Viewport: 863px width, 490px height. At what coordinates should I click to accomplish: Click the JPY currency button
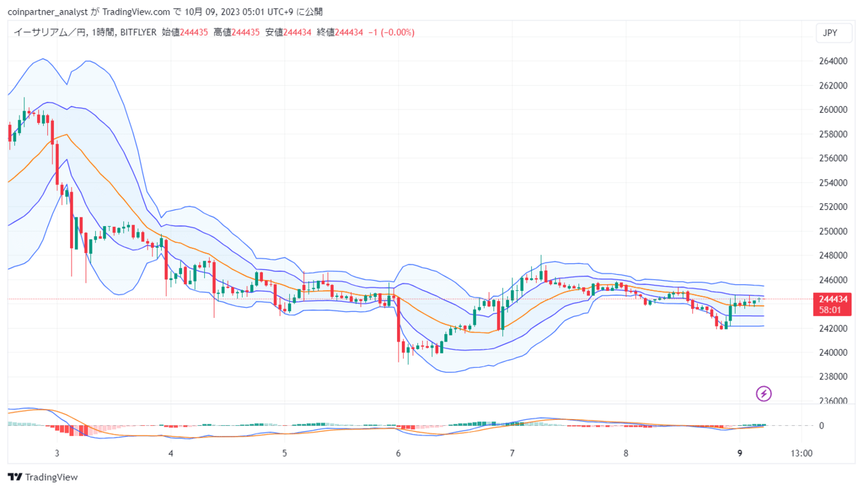tap(834, 33)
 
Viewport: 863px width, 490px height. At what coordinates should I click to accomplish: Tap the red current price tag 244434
tap(832, 304)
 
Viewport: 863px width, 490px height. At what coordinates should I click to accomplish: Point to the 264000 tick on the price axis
tap(833, 61)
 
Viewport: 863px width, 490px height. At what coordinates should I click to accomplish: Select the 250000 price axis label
tap(833, 231)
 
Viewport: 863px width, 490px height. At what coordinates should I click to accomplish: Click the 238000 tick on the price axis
tap(833, 377)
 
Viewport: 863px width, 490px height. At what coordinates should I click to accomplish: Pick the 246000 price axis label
tap(833, 279)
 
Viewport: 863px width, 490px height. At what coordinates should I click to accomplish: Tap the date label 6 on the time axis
tap(398, 454)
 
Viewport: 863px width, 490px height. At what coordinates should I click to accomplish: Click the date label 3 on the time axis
tap(57, 454)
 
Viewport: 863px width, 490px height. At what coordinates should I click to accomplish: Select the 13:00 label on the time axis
tap(802, 454)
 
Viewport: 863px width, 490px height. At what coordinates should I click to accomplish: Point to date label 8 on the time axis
tap(626, 454)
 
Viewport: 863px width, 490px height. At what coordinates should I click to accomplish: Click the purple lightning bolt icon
tap(764, 393)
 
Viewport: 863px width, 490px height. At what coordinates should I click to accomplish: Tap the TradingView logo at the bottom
tap(42, 477)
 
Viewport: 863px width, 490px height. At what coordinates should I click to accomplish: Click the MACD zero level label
tap(821, 426)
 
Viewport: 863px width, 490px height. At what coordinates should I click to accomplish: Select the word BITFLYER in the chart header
tap(138, 32)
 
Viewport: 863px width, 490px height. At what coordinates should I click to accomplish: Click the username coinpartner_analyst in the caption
tap(48, 12)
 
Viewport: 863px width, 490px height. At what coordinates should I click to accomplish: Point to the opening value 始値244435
tap(185, 32)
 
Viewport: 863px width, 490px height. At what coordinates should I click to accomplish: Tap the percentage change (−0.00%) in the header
tap(398, 32)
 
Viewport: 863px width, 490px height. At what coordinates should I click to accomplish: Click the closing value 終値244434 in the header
tap(340, 32)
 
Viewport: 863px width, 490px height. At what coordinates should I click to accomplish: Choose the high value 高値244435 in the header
tap(237, 32)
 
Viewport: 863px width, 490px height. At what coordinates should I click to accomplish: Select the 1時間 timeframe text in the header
tap(103, 32)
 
